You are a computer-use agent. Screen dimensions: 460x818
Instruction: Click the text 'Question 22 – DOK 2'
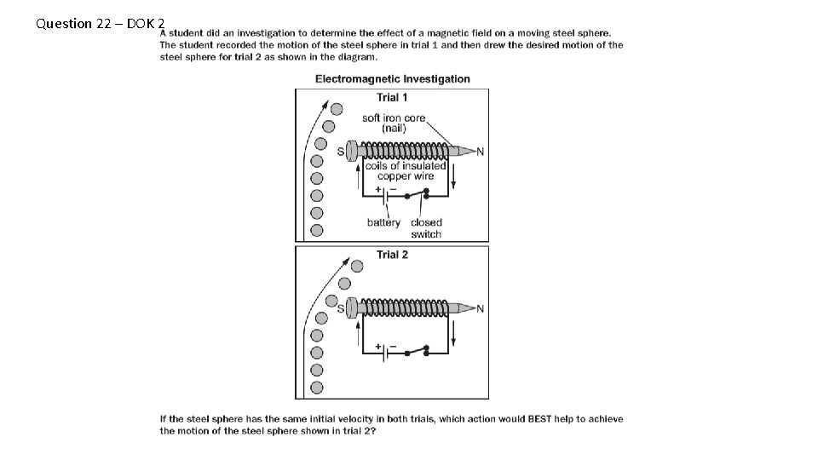point(101,24)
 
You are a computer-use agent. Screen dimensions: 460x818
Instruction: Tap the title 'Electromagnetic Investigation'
point(393,79)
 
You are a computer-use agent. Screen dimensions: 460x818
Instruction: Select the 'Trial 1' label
point(392,98)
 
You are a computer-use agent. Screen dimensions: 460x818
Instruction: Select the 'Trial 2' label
point(392,255)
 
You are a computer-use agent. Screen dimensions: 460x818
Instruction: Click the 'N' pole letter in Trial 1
point(480,152)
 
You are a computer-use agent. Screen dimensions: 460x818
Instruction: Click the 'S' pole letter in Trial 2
point(341,308)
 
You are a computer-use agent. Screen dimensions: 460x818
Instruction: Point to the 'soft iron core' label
point(394,118)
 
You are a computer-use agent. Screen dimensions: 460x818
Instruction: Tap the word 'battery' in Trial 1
point(383,223)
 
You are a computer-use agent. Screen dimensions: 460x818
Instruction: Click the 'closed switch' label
point(426,228)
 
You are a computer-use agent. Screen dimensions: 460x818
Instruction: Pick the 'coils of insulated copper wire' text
point(406,171)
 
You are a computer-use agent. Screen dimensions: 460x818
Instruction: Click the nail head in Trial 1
point(350,152)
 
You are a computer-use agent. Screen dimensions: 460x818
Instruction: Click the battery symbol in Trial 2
point(385,351)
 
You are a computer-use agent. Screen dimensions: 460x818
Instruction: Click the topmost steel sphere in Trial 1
point(337,110)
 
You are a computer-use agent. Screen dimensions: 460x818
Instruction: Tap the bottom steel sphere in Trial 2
point(317,387)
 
